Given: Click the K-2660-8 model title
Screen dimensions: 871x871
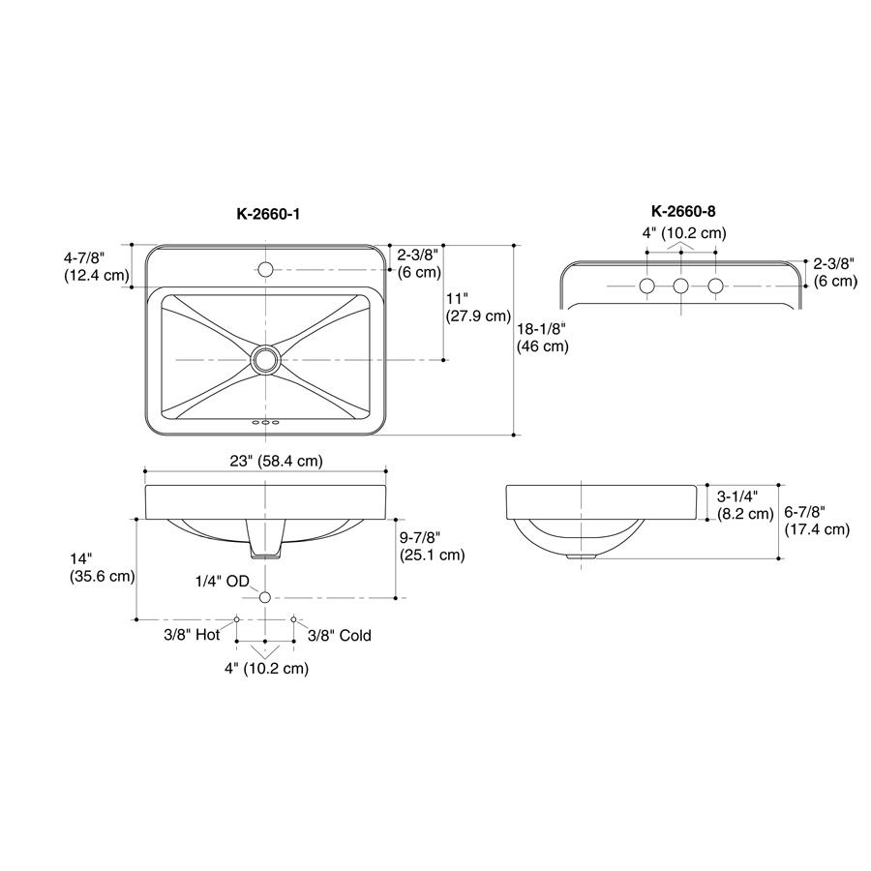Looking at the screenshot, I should pyautogui.click(x=683, y=210).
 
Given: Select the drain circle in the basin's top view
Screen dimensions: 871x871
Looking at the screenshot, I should pyautogui.click(x=265, y=360).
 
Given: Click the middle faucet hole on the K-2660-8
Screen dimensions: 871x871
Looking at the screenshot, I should pyautogui.click(x=681, y=285).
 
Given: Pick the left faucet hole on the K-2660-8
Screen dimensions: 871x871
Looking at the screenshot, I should pyautogui.click(x=647, y=285).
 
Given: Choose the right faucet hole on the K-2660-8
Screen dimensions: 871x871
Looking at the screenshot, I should pyautogui.click(x=715, y=285).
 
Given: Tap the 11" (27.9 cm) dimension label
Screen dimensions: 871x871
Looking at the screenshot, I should pyautogui.click(x=477, y=306).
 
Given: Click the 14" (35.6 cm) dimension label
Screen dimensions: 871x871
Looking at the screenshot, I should pyautogui.click(x=102, y=567).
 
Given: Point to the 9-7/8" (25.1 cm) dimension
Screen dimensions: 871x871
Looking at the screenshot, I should pyautogui.click(x=432, y=546).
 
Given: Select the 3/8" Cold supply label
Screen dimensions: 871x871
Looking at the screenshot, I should pyautogui.click(x=339, y=636).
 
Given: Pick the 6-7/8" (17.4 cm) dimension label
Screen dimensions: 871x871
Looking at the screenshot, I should pyautogui.click(x=817, y=520).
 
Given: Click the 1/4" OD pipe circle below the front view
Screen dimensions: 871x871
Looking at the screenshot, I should pyautogui.click(x=264, y=596).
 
